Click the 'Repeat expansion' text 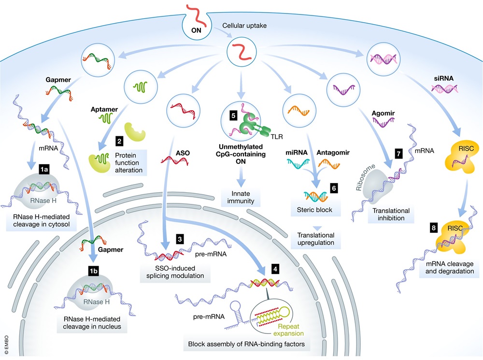tap(291, 330)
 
